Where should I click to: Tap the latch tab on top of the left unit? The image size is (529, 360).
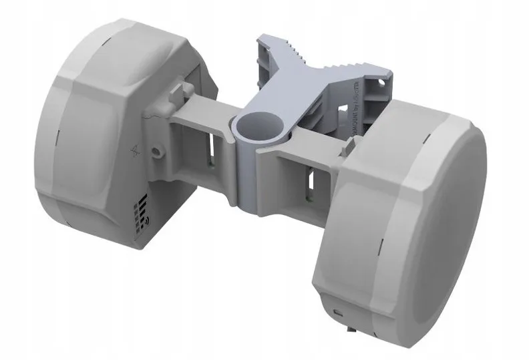point(179,89)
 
